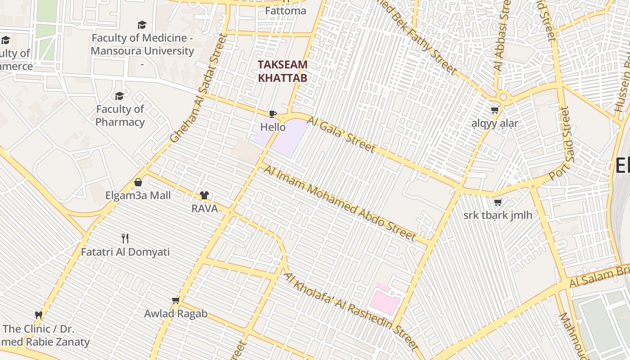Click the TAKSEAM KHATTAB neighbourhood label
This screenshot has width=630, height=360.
(x=283, y=71)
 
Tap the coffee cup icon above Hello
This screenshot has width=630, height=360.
(x=272, y=114)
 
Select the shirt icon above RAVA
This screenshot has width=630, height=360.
(x=204, y=195)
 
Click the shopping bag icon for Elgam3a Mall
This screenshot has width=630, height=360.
(x=138, y=182)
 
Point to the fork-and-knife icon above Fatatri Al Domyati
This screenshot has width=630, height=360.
(x=125, y=238)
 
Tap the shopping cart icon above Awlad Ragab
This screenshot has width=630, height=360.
(x=175, y=300)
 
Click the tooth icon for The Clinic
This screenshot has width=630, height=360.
(x=39, y=315)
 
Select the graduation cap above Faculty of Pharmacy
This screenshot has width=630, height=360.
(x=119, y=96)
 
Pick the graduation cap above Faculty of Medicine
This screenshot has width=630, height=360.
(x=142, y=25)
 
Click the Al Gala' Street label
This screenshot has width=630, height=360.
(x=347, y=133)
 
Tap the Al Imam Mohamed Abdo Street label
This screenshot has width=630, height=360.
(x=340, y=202)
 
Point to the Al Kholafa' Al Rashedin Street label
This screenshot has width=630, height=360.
(x=351, y=311)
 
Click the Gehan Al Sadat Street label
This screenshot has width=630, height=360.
(x=198, y=90)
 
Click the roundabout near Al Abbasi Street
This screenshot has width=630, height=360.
(x=503, y=96)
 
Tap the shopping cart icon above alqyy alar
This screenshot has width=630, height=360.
(x=495, y=110)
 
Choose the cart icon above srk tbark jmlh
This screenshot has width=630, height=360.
(x=498, y=202)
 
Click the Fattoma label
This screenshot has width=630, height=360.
(x=286, y=10)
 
